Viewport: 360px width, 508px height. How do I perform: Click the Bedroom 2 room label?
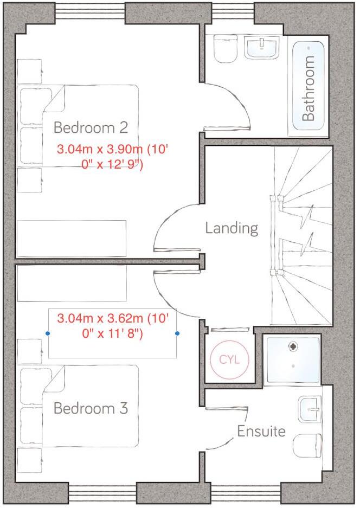[91, 128]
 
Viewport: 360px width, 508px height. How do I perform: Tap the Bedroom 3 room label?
[91, 408]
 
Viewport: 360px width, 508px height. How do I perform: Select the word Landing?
[232, 228]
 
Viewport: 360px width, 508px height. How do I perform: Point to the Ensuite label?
[261, 432]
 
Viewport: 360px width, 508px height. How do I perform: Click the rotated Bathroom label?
[308, 88]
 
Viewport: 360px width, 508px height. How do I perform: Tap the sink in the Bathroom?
[262, 48]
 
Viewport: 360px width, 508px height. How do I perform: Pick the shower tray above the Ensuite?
[292, 359]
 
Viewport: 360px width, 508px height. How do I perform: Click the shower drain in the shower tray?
[293, 344]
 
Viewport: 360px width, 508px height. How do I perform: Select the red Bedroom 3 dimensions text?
[112, 326]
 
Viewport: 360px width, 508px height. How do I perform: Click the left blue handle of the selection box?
[48, 333]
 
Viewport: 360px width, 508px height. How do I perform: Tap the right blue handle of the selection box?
[177, 333]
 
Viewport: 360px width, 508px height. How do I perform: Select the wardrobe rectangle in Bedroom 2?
[72, 239]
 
